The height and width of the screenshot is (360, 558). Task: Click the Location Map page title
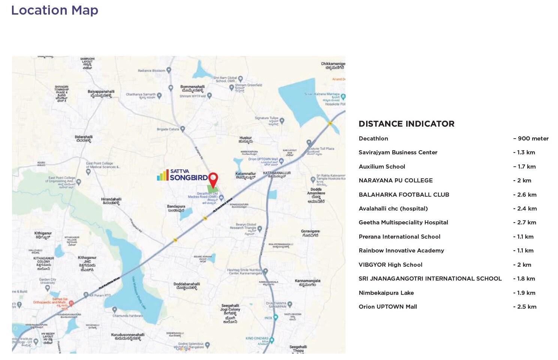coord(55,10)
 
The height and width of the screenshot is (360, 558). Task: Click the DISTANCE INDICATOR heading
coord(406,124)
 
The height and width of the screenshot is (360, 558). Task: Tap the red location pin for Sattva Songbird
coord(213,179)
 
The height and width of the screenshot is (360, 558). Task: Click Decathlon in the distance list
coord(373,139)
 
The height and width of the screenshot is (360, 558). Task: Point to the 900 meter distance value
coord(531,139)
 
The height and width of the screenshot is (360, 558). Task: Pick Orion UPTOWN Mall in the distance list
coord(387,307)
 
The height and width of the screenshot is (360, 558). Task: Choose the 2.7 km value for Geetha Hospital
coord(525,223)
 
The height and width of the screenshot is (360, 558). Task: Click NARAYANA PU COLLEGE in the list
coord(395,181)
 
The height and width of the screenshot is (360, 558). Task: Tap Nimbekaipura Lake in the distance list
coord(386,293)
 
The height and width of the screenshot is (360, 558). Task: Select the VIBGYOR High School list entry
coord(390,265)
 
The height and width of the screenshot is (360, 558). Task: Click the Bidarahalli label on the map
coord(84,139)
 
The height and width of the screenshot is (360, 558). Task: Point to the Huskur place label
coord(246,140)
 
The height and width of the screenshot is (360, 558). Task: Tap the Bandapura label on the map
coord(176,208)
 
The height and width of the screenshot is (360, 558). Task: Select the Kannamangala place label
coord(307,282)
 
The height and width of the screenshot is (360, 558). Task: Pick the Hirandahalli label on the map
coord(111,201)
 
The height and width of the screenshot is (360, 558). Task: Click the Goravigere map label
coord(310,233)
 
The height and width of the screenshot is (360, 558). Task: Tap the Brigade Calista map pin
coord(183,129)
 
